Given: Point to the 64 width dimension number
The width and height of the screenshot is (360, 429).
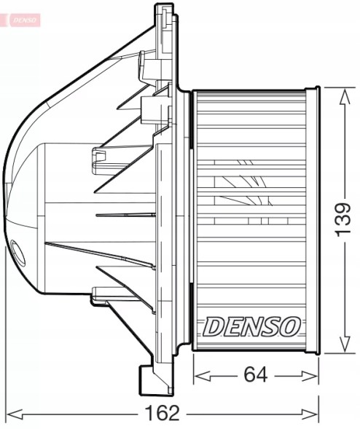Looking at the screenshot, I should pyautogui.click(x=256, y=375).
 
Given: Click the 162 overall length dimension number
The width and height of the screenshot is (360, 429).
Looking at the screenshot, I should pyautogui.click(x=162, y=413).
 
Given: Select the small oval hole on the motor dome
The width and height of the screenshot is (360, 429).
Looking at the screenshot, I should pyautogui.click(x=17, y=253).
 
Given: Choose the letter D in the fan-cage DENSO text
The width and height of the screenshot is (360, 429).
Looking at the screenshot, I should pyautogui.click(x=214, y=327).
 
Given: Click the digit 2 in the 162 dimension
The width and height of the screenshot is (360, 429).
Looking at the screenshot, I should pyautogui.click(x=174, y=413).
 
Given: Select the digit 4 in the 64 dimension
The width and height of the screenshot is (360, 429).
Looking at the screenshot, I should pyautogui.click(x=262, y=375).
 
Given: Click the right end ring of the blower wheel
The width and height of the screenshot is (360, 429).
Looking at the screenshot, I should pyautogui.click(x=313, y=220).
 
